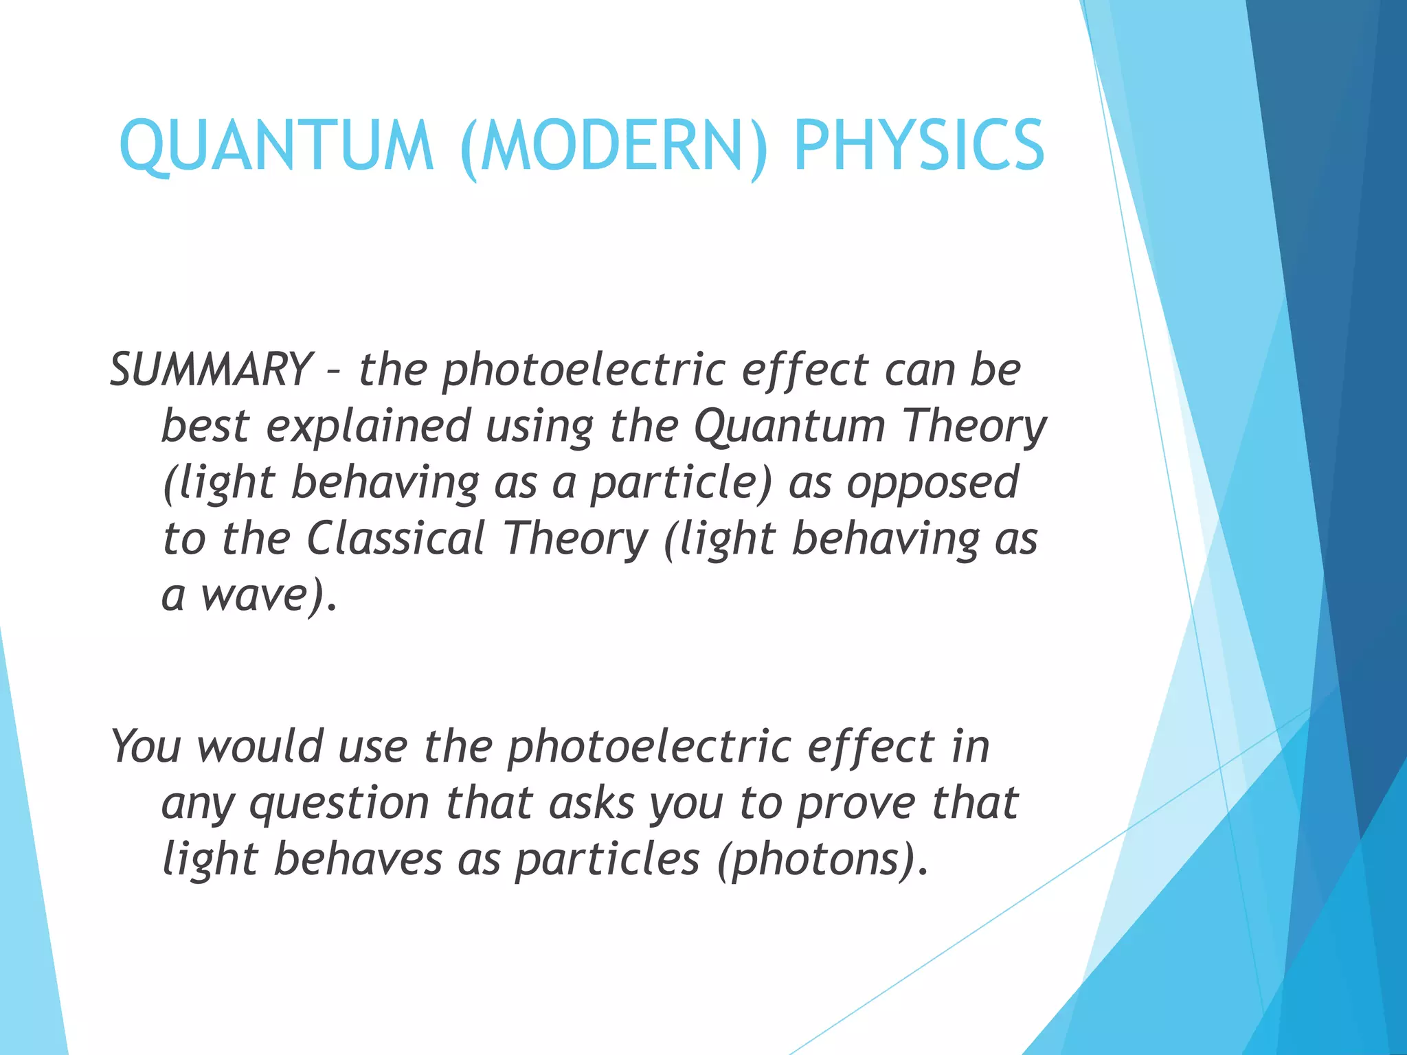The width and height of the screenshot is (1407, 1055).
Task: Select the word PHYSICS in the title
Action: pyautogui.click(x=919, y=146)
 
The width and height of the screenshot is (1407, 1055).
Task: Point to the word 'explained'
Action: pyautogui.click(x=368, y=426)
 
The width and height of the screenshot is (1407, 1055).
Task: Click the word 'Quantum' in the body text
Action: pyautogui.click(x=789, y=426)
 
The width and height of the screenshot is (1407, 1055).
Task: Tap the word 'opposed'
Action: pyautogui.click(x=932, y=482)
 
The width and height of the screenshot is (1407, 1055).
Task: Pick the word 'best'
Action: pyautogui.click(x=204, y=426)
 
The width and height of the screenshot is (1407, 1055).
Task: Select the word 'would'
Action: pyautogui.click(x=260, y=746)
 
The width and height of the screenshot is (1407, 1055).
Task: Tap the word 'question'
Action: pyautogui.click(x=339, y=804)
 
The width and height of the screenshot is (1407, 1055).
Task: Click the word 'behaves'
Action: pyautogui.click(x=358, y=859)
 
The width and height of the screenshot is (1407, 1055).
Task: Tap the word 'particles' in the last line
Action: pyautogui.click(x=607, y=860)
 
